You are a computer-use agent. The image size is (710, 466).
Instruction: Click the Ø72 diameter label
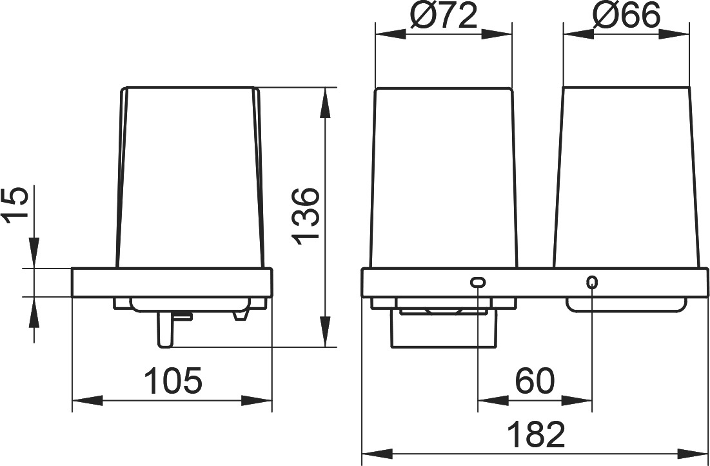click(444, 17)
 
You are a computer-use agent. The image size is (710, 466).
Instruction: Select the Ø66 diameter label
click(627, 17)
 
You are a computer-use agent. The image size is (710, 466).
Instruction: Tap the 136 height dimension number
click(306, 217)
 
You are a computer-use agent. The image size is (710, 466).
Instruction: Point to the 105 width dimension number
click(173, 381)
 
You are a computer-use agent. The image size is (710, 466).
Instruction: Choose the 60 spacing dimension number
click(535, 381)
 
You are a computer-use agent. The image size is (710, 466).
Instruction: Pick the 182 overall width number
click(536, 434)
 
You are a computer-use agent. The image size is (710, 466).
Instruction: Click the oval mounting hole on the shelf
click(478, 283)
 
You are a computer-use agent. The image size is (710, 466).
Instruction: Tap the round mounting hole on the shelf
click(592, 283)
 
